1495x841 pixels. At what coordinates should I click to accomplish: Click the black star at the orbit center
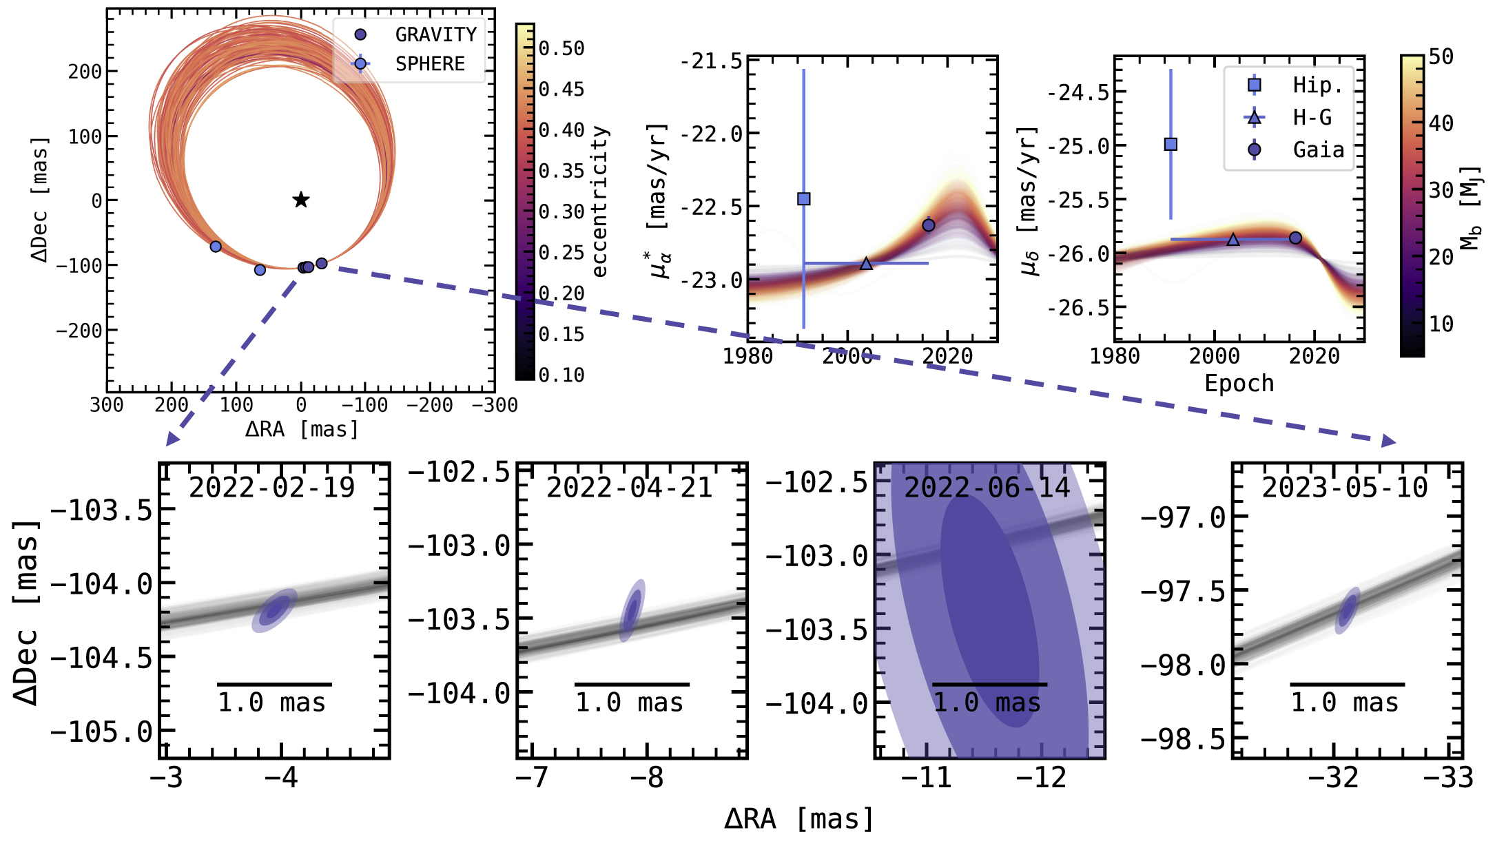coord(301,200)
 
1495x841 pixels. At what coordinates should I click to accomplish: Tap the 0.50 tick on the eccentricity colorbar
coord(561,48)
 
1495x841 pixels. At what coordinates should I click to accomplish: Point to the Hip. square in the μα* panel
coord(803,199)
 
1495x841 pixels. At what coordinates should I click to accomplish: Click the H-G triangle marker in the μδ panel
coord(1233,240)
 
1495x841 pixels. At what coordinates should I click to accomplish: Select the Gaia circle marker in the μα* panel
coord(928,225)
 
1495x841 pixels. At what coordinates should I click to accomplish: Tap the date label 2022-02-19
coord(271,488)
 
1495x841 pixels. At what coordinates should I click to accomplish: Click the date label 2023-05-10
coord(1345,488)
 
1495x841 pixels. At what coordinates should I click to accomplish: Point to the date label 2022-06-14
coord(987,488)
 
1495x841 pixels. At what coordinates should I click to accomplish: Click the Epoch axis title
coord(1239,383)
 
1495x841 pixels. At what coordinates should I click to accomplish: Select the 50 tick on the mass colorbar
coord(1441,56)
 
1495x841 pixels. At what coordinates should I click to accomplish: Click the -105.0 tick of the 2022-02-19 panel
coord(101,731)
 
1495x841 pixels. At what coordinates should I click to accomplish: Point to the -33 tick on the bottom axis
coord(1448,778)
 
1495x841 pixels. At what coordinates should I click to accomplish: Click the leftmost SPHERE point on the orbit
coord(216,247)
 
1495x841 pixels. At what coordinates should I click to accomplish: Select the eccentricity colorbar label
coord(600,201)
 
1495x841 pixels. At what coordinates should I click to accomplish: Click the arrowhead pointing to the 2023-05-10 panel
coord(1388,442)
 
